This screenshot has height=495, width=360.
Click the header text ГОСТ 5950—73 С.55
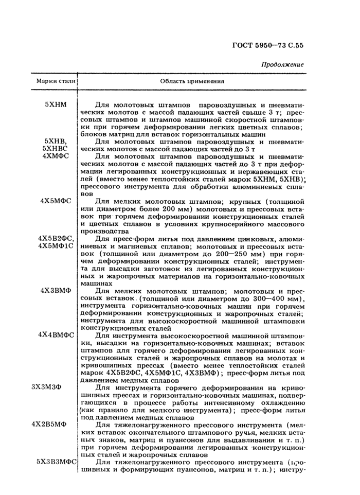pyautogui.click(x=264, y=45)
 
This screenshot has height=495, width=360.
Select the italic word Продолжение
pyautogui.click(x=282, y=64)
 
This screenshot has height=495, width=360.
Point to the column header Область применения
pyautogui.click(x=192, y=81)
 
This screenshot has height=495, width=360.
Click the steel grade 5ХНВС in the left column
pyautogui.click(x=55, y=148)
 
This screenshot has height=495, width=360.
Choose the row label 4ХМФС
pyautogui.click(x=56, y=155)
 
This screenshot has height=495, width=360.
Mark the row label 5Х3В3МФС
pyautogui.click(x=57, y=462)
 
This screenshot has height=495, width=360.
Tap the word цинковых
pyautogui.click(x=247, y=239)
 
